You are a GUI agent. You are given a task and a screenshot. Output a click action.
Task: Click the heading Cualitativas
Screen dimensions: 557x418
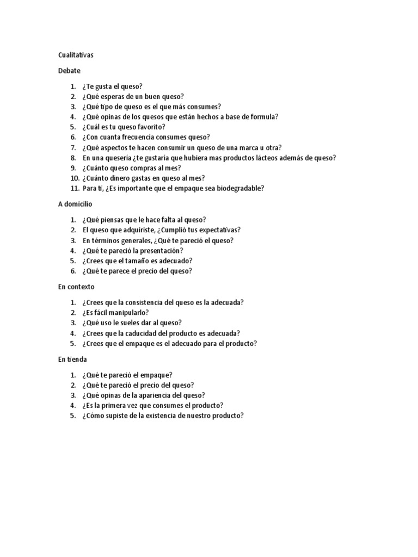(x=78, y=55)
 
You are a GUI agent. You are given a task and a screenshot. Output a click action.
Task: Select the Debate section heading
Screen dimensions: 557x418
(x=69, y=71)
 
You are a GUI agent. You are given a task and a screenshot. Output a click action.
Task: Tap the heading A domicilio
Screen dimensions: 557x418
(x=75, y=204)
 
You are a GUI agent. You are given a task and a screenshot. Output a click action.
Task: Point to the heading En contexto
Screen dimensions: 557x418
(x=76, y=287)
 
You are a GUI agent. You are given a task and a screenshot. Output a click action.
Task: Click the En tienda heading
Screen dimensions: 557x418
(x=72, y=360)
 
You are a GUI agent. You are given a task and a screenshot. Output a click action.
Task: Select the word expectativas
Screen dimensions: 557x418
(x=214, y=230)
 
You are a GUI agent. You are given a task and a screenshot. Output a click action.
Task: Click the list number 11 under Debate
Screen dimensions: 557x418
(x=74, y=188)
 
